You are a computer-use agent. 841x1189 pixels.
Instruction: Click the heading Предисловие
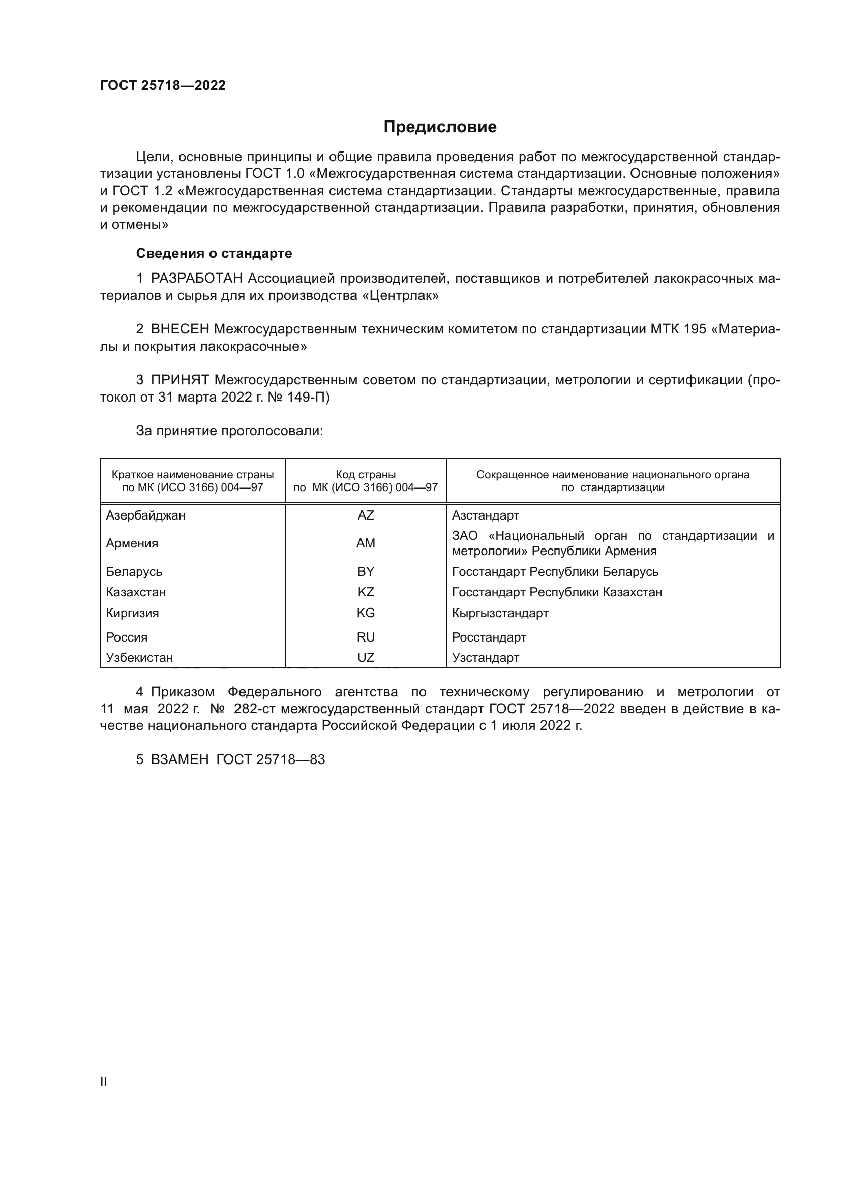[x=440, y=127]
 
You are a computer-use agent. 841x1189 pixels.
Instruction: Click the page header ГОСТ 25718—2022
[x=163, y=85]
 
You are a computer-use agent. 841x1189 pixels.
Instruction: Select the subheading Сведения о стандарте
[x=214, y=253]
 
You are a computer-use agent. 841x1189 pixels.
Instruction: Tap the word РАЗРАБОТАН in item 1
[x=197, y=279]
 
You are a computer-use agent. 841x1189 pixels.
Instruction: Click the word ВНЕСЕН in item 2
[x=179, y=329]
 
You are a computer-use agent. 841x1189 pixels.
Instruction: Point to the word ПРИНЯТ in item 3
[x=179, y=380]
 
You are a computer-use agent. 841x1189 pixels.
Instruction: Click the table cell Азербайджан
[x=145, y=515]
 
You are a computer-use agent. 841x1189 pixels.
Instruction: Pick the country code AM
[x=366, y=543]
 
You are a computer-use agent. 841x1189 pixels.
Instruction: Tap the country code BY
[x=366, y=572]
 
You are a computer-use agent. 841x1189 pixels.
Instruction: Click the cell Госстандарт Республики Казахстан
[x=557, y=592]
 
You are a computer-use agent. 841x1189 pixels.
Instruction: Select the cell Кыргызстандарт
[x=500, y=613]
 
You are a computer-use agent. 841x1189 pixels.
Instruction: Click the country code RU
[x=366, y=637]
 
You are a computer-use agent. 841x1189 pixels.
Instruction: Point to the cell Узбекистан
[x=139, y=658]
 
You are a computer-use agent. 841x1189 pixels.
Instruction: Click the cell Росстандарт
[x=489, y=637]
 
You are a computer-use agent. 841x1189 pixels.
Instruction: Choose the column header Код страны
[x=366, y=475]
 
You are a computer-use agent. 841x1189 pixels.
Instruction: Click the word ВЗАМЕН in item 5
[x=179, y=759]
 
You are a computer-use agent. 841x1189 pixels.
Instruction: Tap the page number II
[x=104, y=1081]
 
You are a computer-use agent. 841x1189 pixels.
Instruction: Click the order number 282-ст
[x=255, y=709]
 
